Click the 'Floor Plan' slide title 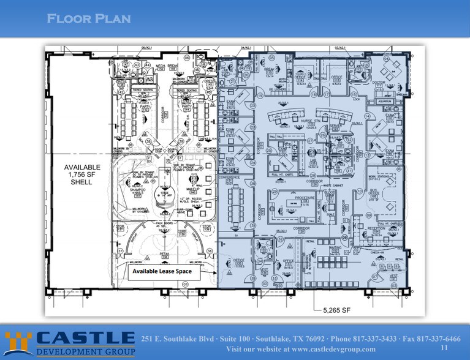[89, 19]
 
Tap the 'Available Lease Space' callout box [163, 271]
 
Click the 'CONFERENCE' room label [230, 178]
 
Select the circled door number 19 [259, 96]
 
